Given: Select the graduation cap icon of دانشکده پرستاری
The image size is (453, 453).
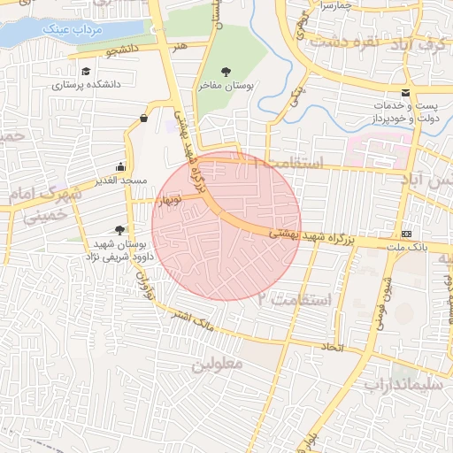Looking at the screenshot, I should tap(86, 72).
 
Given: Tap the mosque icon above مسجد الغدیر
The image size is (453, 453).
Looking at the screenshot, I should tap(121, 166).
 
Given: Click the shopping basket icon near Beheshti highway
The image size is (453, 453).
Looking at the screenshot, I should tap(144, 119).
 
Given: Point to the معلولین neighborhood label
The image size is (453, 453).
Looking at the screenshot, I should tap(210, 364).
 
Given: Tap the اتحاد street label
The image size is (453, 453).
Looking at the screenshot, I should tap(334, 347).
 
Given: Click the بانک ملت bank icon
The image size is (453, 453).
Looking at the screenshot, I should tap(406, 234).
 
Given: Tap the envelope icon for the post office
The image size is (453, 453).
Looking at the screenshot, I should tap(406, 93).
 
